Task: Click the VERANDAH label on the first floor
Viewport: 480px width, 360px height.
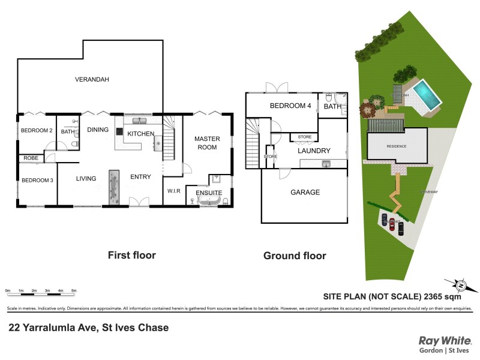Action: [x=92, y=79]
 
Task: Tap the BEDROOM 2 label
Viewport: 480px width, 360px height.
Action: [x=37, y=131]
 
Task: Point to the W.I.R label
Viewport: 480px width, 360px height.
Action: [x=174, y=191]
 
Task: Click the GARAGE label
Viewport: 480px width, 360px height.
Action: [x=305, y=193]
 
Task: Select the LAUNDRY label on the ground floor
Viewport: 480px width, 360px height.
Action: [x=316, y=151]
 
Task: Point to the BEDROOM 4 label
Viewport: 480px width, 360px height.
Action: [x=290, y=106]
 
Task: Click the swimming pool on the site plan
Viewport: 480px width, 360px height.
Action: [x=428, y=94]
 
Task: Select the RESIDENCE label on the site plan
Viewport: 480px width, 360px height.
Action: [x=397, y=146]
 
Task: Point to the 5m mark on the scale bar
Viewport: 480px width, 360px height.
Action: [x=73, y=290]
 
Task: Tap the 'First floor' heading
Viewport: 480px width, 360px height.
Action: [x=131, y=255]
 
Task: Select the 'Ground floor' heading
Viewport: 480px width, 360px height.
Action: [x=295, y=256]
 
